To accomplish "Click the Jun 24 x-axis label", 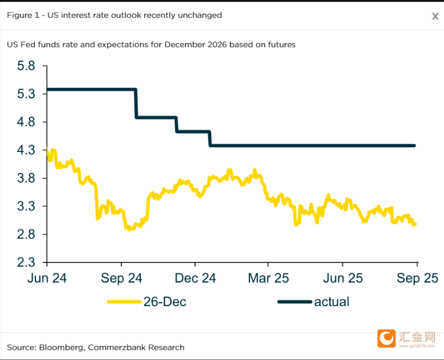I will pyautogui.click(x=47, y=278).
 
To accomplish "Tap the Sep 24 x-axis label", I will pyautogui.click(x=121, y=278).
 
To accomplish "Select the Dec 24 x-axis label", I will pyautogui.click(x=195, y=278).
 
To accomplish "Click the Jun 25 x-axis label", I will pyautogui.click(x=343, y=278).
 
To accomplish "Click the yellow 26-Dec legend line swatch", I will pyautogui.click(x=124, y=302).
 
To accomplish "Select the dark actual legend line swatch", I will pyautogui.click(x=294, y=302).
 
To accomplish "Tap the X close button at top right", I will pyautogui.click(x=435, y=16).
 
